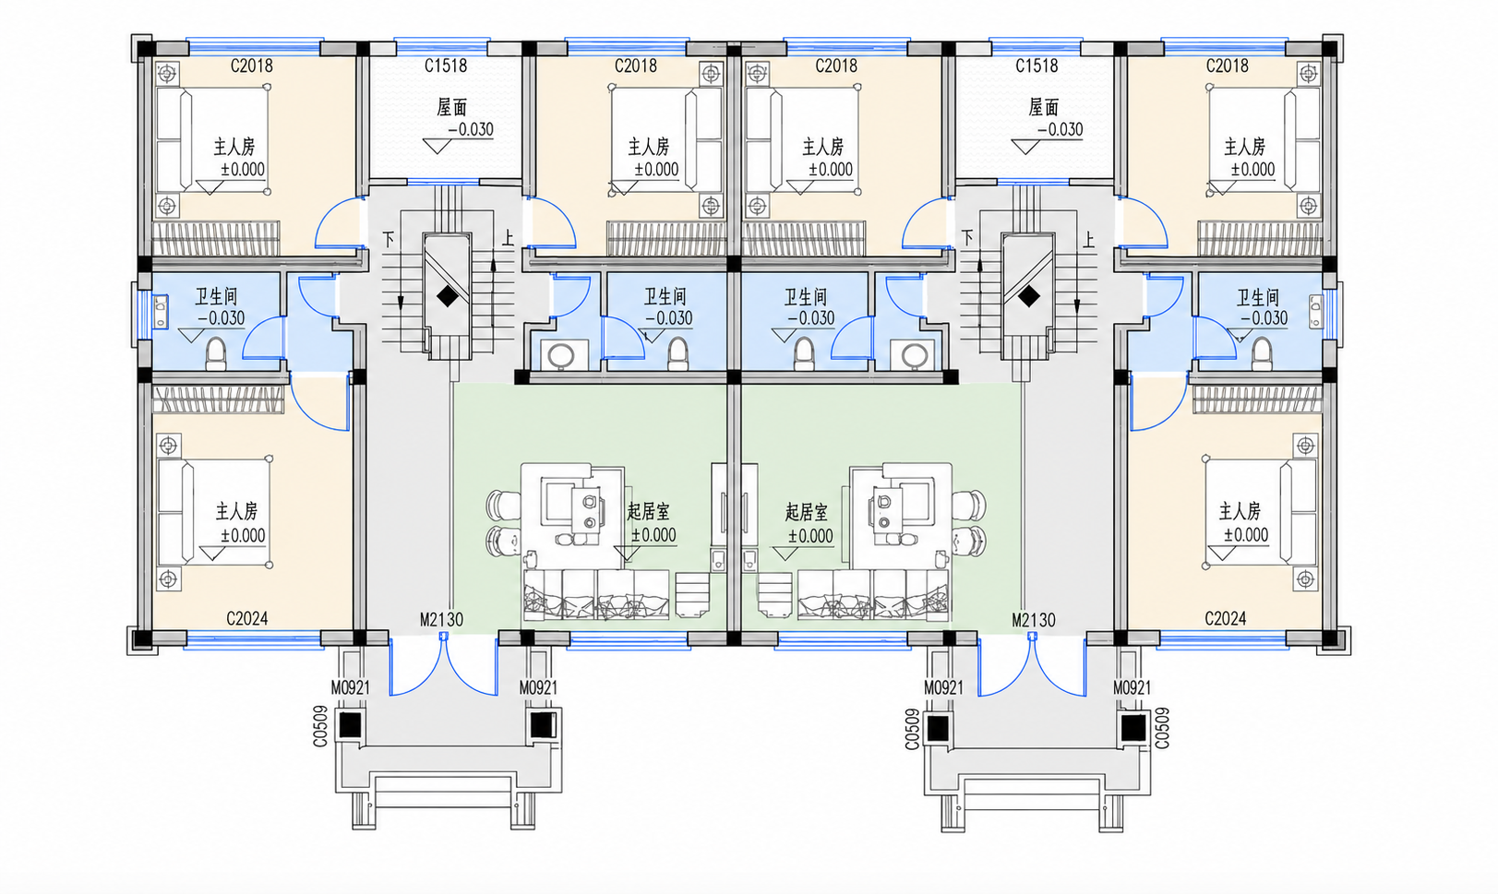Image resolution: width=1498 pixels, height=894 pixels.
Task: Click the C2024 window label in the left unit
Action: (x=247, y=618)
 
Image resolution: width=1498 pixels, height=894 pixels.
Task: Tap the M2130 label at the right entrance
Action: (x=1033, y=621)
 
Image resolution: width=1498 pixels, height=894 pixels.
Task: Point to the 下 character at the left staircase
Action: (x=389, y=239)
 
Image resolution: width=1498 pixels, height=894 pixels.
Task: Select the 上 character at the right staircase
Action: (x=1089, y=239)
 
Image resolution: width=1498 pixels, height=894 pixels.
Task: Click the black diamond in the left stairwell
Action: (x=448, y=296)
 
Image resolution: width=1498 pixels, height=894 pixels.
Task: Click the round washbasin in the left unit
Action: (x=560, y=355)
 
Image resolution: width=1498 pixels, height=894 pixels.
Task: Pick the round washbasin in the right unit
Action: (x=914, y=355)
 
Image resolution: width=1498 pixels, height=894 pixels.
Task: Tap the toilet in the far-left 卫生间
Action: (x=215, y=353)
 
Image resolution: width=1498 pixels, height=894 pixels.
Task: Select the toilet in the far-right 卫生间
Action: (x=1262, y=353)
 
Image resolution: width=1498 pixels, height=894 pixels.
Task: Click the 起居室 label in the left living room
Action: (x=648, y=512)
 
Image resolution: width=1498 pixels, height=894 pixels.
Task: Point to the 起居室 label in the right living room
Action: (x=807, y=513)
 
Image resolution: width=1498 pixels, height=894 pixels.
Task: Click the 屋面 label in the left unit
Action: (x=452, y=107)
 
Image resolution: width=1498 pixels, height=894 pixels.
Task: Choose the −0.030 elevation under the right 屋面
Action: (x=1060, y=129)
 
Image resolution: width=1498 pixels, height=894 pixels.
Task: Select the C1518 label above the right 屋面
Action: (x=1037, y=66)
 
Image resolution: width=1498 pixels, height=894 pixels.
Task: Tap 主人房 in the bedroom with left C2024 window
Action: (x=236, y=511)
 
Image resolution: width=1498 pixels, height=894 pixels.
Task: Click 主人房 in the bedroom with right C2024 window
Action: (x=1240, y=511)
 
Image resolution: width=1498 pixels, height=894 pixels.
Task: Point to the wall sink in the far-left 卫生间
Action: (x=161, y=312)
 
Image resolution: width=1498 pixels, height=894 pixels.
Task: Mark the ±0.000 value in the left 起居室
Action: (x=654, y=535)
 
